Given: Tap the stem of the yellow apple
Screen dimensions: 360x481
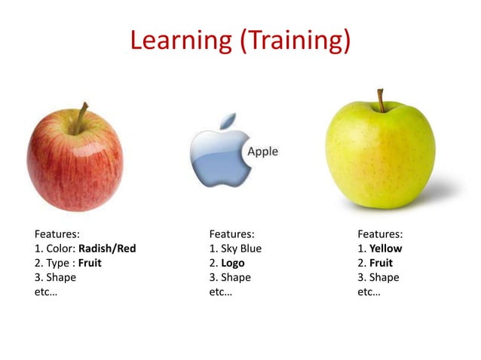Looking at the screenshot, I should (381, 99).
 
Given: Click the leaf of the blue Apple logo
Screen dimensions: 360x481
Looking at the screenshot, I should (227, 121).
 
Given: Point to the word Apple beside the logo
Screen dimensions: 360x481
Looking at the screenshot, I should (262, 151).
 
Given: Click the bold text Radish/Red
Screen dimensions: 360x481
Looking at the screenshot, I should (107, 249).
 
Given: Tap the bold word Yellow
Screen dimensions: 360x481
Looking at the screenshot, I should (386, 249).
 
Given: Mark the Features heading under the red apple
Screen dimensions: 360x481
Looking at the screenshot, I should (57, 234).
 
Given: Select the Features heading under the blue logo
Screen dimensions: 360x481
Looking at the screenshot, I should (231, 234).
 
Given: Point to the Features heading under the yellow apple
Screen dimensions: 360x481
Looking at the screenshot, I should (380, 234).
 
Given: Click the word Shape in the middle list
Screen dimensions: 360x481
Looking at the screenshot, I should (235, 277).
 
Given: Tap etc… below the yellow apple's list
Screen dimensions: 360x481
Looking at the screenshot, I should (369, 291).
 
